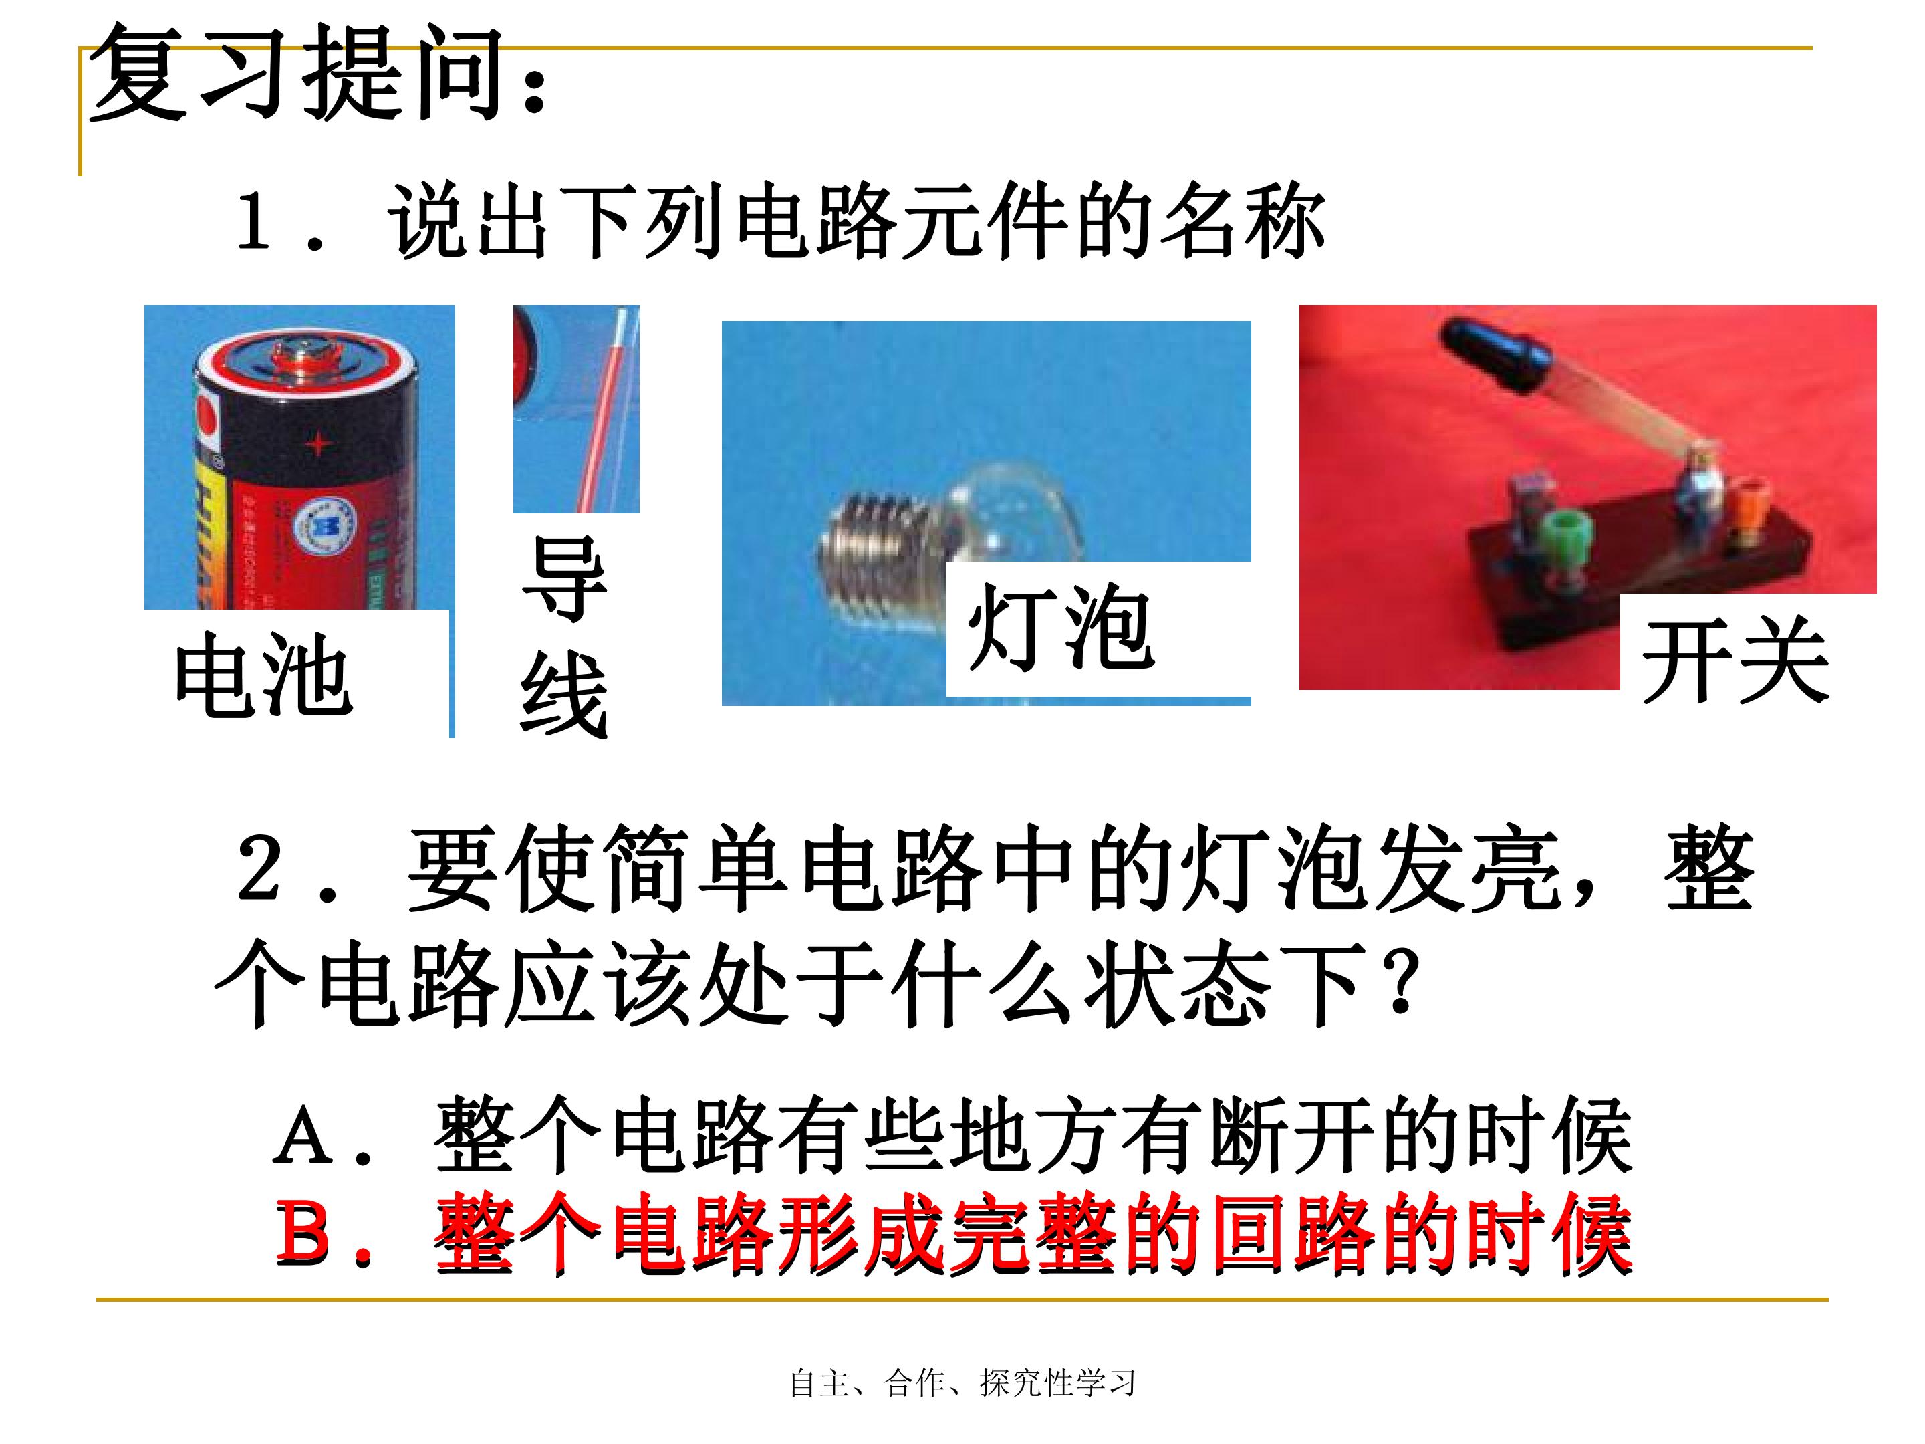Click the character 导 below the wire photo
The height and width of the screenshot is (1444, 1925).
[x=564, y=579]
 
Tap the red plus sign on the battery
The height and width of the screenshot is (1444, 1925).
[x=319, y=444]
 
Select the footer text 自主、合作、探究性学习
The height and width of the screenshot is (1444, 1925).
[x=962, y=1382]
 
